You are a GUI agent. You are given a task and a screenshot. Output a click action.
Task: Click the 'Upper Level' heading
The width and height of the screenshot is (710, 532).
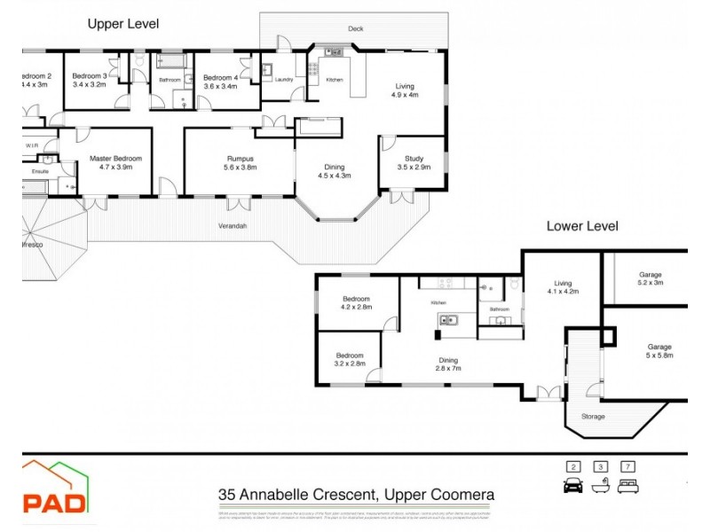[122, 24]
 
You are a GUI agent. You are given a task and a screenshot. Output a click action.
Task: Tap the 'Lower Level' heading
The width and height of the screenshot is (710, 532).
[581, 226]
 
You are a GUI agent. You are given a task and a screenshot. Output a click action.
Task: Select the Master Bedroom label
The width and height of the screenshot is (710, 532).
[115, 162]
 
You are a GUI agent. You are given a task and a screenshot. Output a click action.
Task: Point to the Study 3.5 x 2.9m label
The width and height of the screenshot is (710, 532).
[414, 162]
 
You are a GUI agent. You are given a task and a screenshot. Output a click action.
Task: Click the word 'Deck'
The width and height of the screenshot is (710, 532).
[356, 29]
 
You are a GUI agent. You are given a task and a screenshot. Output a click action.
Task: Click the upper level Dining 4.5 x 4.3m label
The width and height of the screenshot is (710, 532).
[335, 171]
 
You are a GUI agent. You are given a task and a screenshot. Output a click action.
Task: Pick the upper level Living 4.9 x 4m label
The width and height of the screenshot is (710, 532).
[405, 90]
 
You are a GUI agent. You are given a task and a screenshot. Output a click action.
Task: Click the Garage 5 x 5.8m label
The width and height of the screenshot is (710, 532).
[659, 351]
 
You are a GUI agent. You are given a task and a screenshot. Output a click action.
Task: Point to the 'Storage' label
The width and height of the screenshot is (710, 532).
[593, 416]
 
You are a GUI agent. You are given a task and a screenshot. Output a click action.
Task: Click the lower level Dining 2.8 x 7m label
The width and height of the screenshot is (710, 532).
[447, 364]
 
